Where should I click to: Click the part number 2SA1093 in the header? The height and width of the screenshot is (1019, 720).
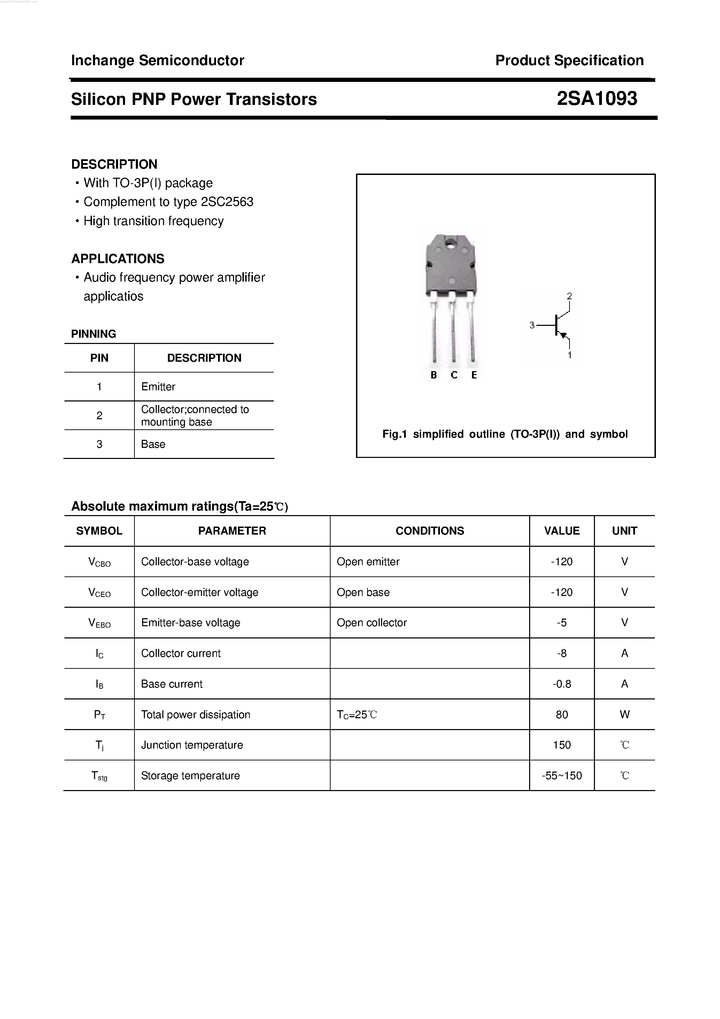click(597, 99)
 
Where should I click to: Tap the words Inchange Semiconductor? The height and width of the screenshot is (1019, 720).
click(157, 60)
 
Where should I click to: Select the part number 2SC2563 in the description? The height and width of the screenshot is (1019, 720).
click(227, 202)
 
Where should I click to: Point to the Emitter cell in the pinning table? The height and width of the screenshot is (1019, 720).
click(158, 386)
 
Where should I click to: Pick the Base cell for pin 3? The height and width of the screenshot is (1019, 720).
click(153, 444)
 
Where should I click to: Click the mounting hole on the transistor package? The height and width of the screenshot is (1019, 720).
click(451, 243)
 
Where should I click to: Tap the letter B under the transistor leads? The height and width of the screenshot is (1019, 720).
click(433, 375)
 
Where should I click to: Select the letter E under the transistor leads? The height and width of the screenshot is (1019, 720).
click(474, 375)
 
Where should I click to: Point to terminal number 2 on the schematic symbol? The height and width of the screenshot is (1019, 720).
click(569, 296)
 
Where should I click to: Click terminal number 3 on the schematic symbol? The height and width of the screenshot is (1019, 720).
click(532, 325)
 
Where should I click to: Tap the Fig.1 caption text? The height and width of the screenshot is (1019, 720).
click(505, 434)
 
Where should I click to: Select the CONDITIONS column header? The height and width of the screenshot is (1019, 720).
click(429, 531)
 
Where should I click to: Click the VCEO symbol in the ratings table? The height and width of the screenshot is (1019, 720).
click(99, 592)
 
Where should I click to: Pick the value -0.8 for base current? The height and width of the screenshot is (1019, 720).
click(562, 684)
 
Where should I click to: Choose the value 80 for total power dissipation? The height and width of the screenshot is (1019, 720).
click(562, 714)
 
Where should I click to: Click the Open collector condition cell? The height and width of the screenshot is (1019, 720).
click(371, 623)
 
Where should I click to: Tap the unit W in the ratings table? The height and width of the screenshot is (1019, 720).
click(624, 714)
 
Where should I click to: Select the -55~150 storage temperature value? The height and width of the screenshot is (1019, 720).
click(562, 776)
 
